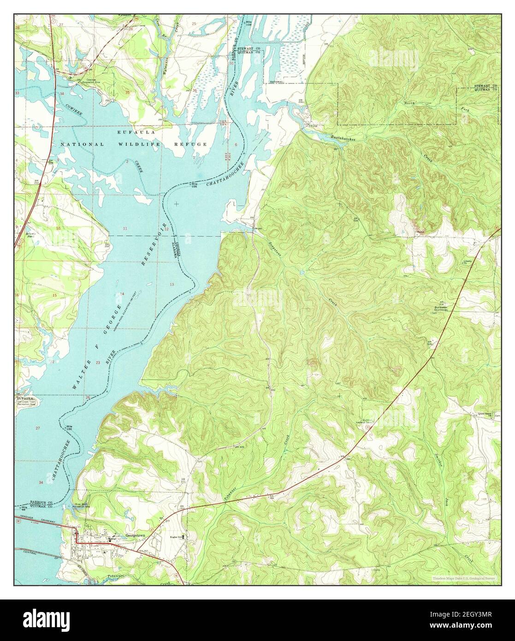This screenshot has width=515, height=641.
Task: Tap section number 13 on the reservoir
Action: (x=172, y=284)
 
